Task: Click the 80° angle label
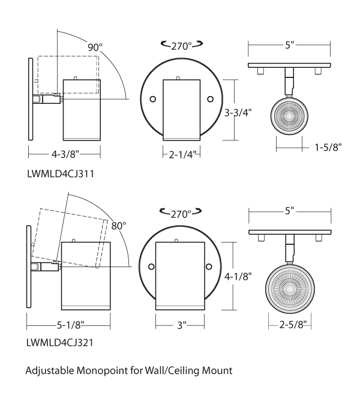coord(119,226)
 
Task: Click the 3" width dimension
coord(182,325)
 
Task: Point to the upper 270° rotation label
coord(181,45)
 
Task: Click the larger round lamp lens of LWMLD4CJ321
coord(290,289)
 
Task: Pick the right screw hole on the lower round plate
coord(208,266)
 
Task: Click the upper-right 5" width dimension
coord(290,44)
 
